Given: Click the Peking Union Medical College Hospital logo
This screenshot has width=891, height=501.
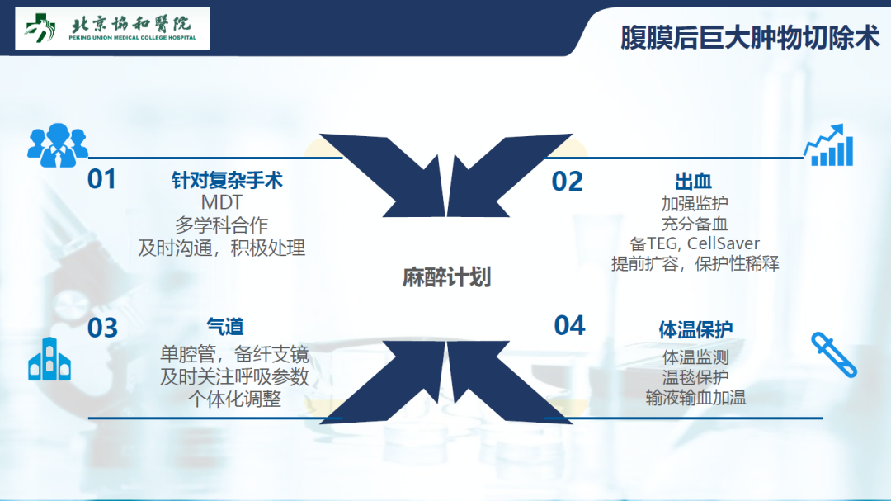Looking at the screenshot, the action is tap(112, 28).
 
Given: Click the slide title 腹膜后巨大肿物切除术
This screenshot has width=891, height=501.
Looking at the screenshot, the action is tap(749, 38).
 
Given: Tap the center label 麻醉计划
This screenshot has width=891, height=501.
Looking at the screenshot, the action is tap(446, 277).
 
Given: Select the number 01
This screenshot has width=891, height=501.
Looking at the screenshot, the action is tap(101, 179).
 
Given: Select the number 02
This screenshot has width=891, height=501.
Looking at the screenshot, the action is tap(567, 182).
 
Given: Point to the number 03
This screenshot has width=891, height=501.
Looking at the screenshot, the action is tap(103, 328).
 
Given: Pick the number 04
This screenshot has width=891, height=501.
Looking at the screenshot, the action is tap(569, 326).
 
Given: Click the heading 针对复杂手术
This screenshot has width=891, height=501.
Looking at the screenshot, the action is tap(228, 180).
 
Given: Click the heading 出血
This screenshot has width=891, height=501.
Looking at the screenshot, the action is tap(693, 182).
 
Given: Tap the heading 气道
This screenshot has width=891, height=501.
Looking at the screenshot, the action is tap(225, 327).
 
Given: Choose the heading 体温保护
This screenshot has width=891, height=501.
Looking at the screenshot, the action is tap(695, 329).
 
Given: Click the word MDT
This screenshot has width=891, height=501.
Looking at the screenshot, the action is tap(222, 202).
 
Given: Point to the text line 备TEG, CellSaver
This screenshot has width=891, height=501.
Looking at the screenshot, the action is tap(695, 244).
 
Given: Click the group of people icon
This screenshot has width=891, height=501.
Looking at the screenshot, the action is tap(58, 145).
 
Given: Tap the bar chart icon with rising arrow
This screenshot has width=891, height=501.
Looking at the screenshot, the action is tap(828, 145).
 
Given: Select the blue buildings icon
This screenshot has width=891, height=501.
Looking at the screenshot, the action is tap(49, 359).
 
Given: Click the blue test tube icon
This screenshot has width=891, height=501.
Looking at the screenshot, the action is tap(833, 355).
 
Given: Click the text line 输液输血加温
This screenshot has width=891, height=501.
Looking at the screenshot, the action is tap(695, 398).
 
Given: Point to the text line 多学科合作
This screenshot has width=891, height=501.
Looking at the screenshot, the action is tap(222, 225).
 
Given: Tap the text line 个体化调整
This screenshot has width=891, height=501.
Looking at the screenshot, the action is tap(234, 399).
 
